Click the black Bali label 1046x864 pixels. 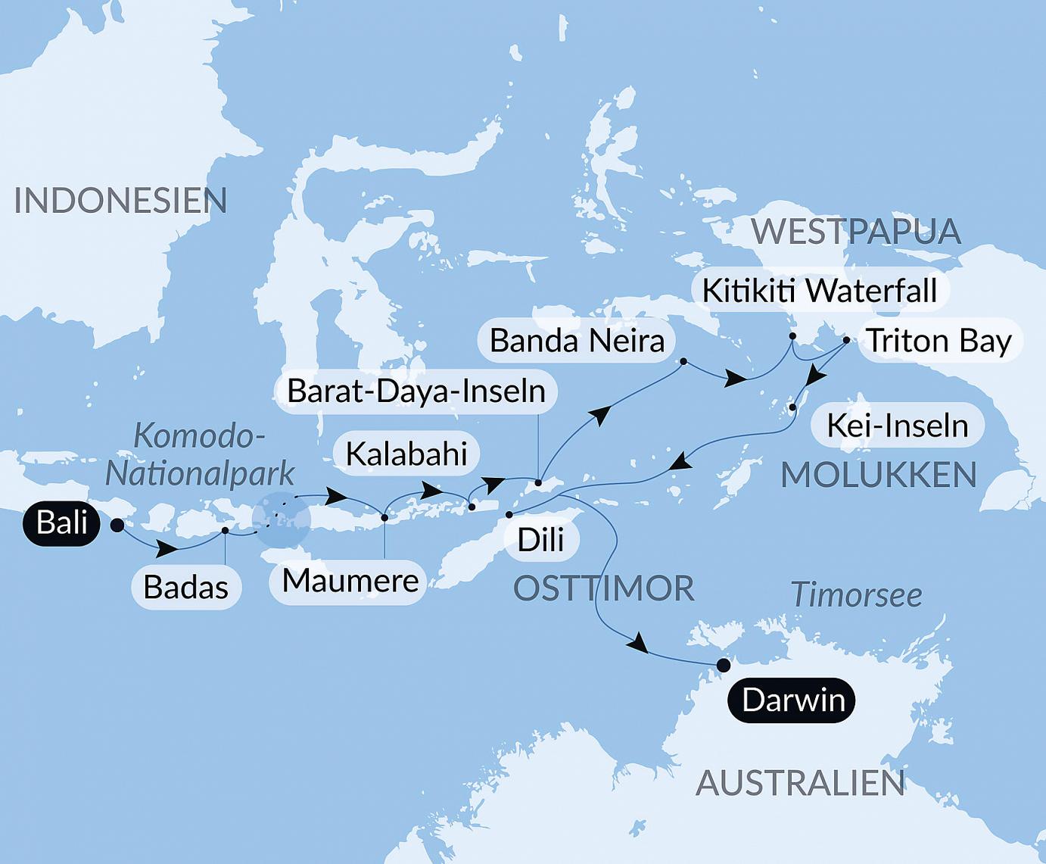click(x=61, y=523)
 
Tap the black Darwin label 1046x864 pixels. click(x=792, y=700)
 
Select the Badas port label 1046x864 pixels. click(x=185, y=587)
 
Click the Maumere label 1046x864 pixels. click(x=350, y=582)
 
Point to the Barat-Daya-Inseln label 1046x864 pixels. click(x=416, y=391)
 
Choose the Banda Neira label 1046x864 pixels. click(x=577, y=341)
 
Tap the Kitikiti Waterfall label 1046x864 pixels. click(x=820, y=291)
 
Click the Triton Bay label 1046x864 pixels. click(x=939, y=341)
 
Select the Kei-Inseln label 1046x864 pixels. click(x=897, y=426)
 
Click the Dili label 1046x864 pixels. click(x=540, y=540)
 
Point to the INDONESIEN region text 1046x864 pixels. click(x=120, y=201)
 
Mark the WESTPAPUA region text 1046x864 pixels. click(x=856, y=231)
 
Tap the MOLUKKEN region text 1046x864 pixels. click(x=878, y=476)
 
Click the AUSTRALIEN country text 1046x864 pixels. click(x=800, y=783)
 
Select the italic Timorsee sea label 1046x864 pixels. click(x=856, y=596)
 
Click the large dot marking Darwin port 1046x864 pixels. click(x=724, y=666)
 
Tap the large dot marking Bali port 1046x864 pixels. click(x=117, y=525)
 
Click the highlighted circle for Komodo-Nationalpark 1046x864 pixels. click(x=281, y=519)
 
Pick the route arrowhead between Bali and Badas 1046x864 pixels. click(x=170, y=547)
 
